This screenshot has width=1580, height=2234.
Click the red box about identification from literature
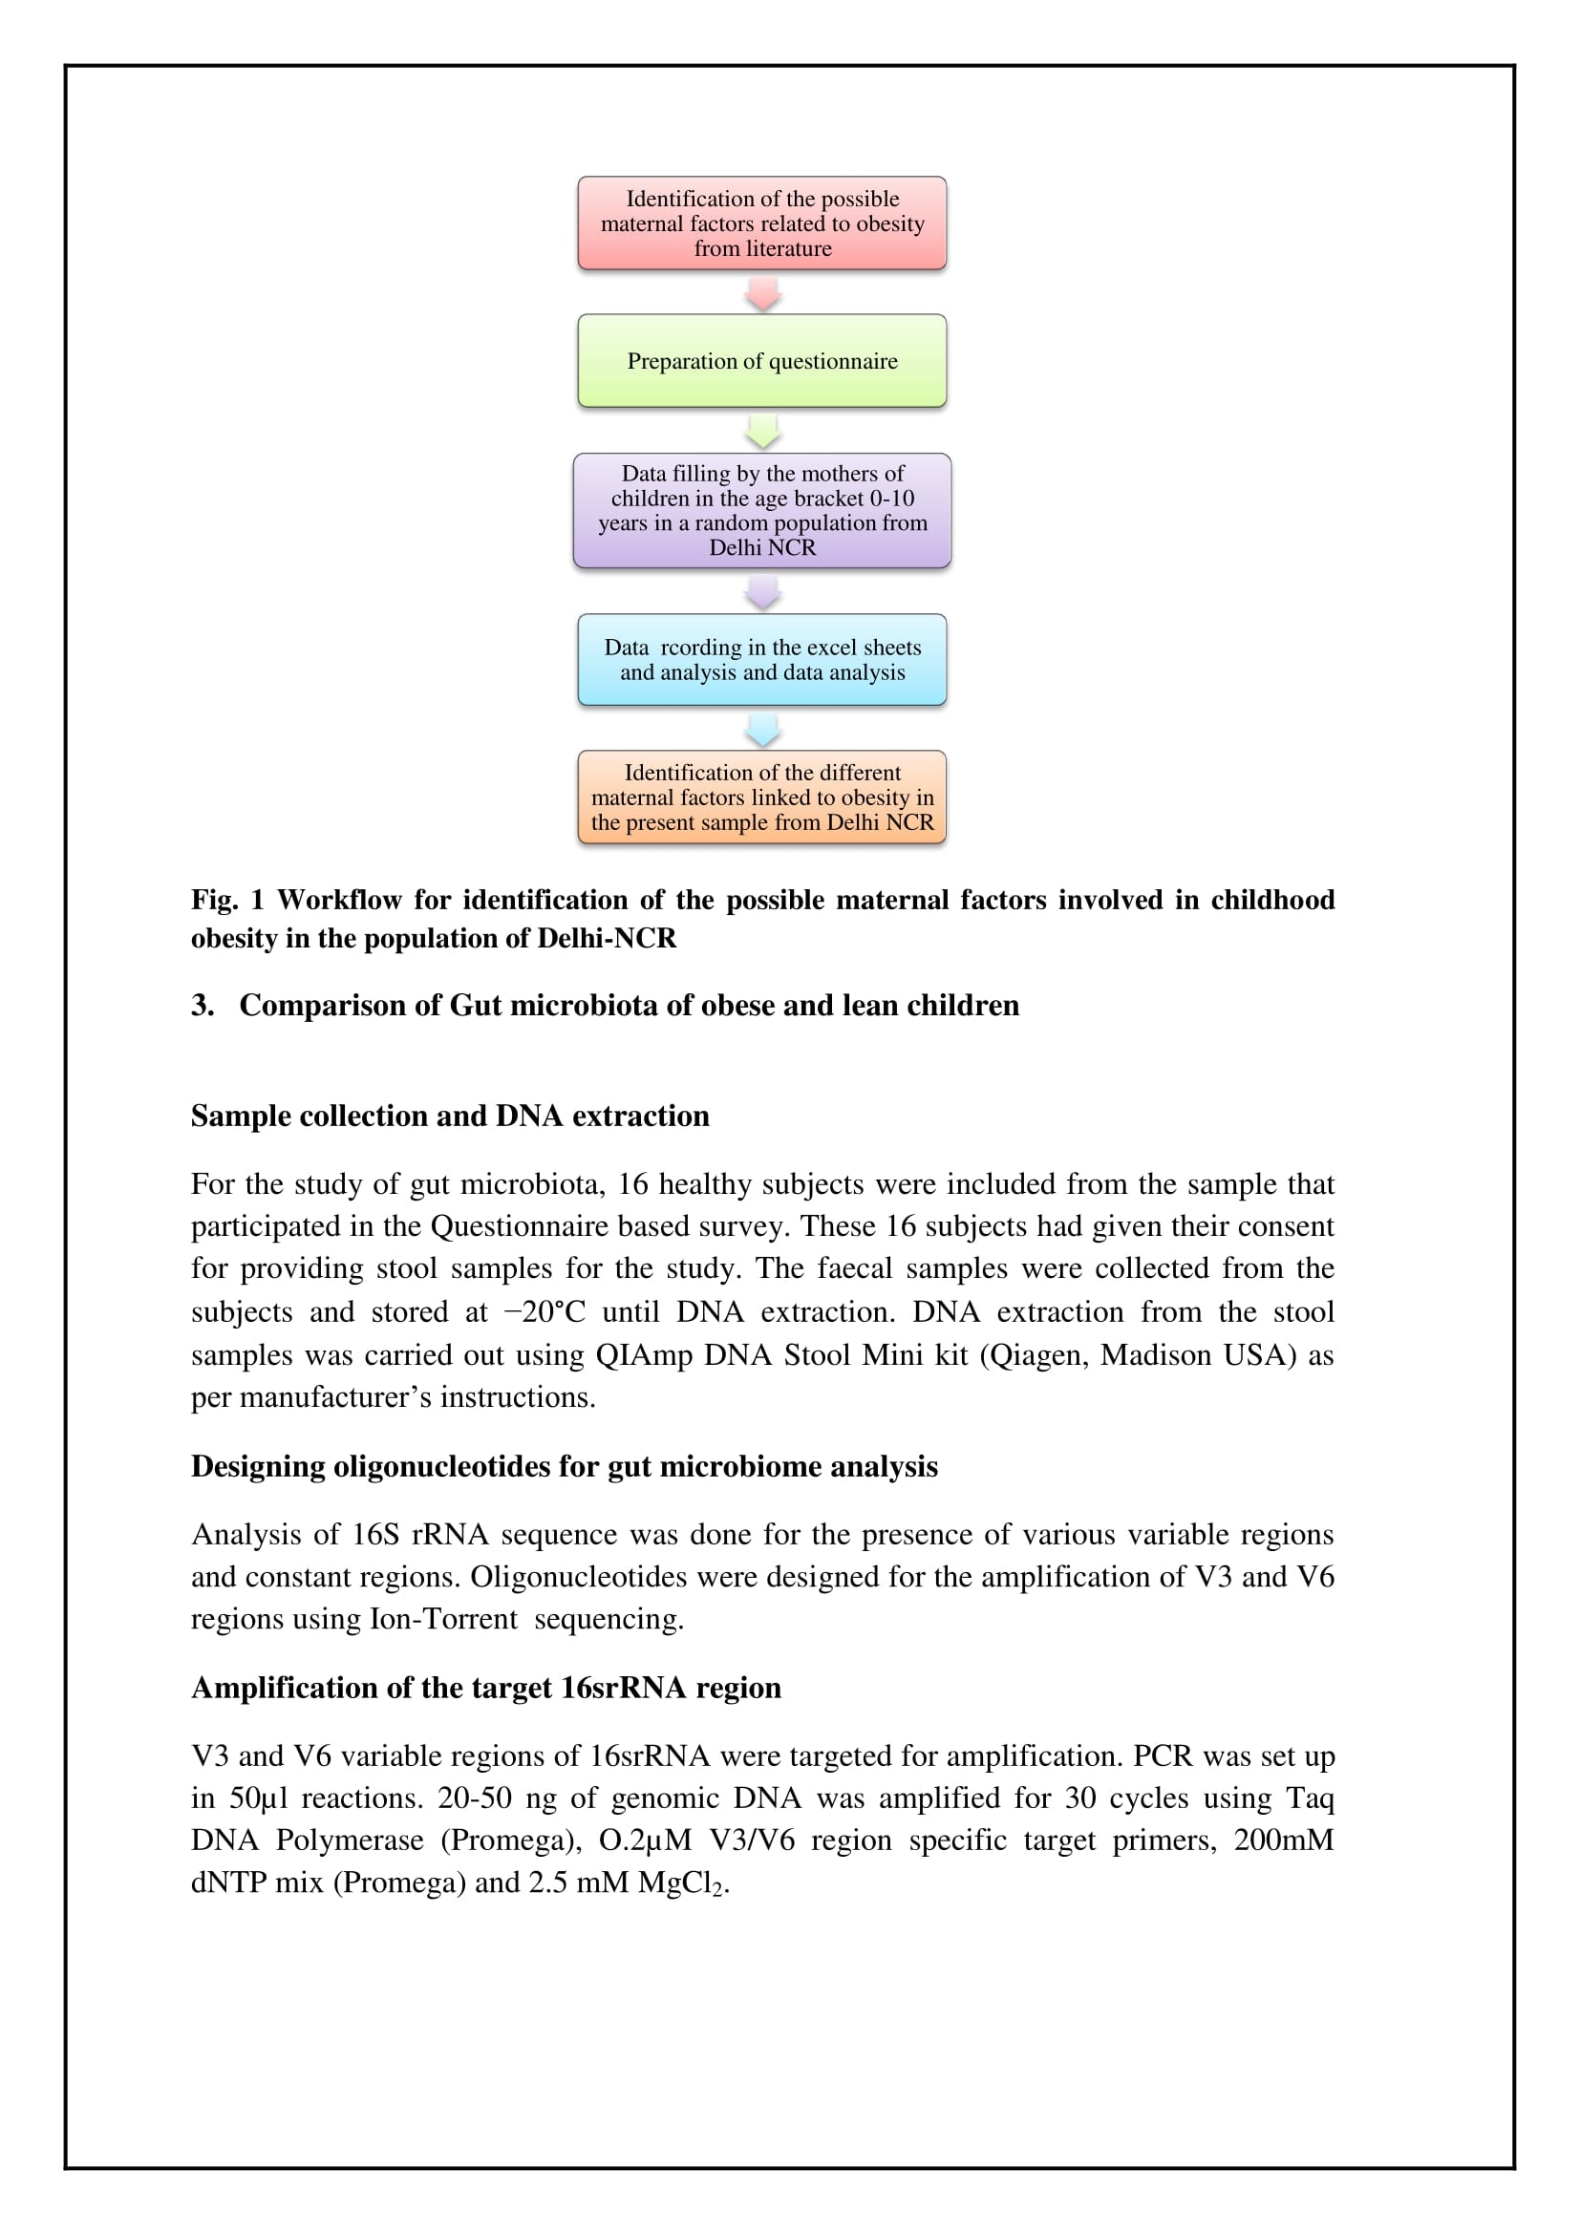coord(761,223)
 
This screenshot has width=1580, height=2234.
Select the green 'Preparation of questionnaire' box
coord(761,361)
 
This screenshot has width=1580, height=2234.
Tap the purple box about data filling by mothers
coord(761,511)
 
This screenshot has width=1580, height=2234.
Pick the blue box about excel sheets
coord(761,660)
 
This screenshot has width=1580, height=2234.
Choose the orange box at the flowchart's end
coord(761,797)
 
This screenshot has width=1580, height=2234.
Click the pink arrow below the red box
coord(762,293)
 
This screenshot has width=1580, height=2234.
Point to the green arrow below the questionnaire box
coord(762,431)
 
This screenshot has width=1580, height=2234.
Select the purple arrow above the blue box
coord(762,591)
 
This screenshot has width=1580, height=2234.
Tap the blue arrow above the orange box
coord(762,729)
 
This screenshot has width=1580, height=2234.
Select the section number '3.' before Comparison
coord(203,1005)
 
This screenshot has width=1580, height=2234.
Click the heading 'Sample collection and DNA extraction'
coord(450,1116)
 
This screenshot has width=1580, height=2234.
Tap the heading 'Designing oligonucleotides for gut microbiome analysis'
coord(565,1466)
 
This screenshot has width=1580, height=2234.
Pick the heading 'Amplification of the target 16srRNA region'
coord(485,1688)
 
